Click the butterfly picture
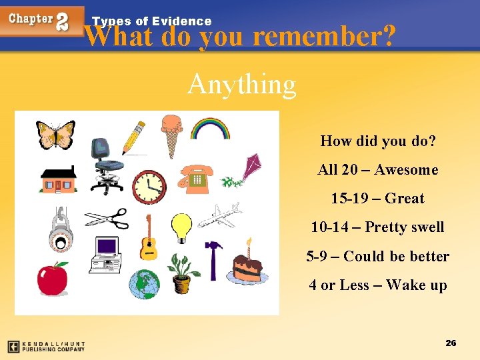(55, 135)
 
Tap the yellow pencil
(133, 137)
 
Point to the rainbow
(210, 128)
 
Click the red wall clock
(149, 187)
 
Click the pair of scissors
(106, 218)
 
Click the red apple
(53, 278)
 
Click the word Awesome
(406, 170)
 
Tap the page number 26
(451, 343)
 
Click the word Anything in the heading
(241, 85)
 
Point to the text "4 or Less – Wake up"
(377, 285)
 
